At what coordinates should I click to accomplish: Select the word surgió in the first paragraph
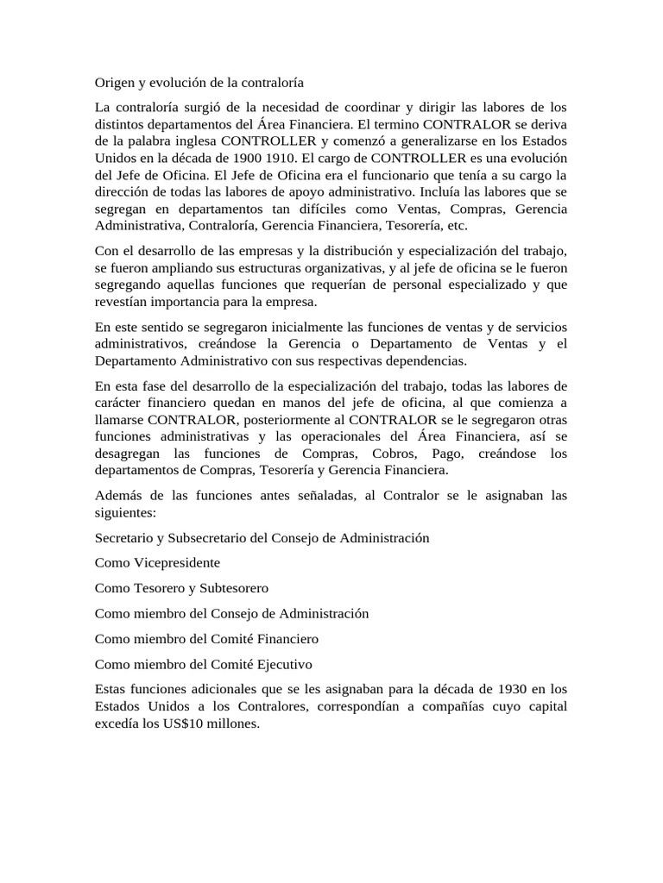point(209,107)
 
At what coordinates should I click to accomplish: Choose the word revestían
point(121,302)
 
